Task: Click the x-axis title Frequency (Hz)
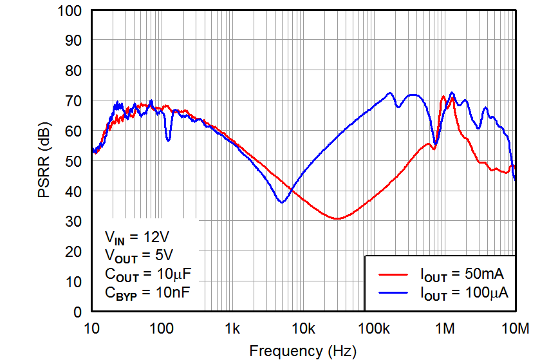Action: click(x=302, y=351)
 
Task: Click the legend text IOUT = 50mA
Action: click(x=461, y=274)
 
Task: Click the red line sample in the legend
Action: click(x=391, y=274)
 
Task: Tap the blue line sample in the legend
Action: click(x=391, y=293)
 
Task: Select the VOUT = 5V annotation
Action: click(x=138, y=255)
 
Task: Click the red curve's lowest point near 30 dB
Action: click(x=337, y=218)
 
